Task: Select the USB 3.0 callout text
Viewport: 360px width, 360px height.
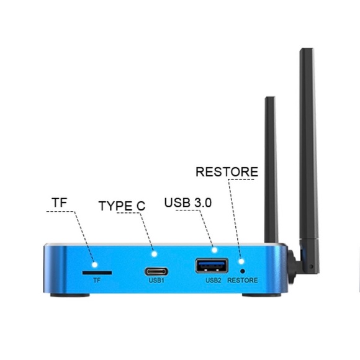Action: pos(189,203)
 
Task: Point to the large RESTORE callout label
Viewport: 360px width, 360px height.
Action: pos(227,171)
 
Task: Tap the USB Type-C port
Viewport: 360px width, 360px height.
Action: pos(155,271)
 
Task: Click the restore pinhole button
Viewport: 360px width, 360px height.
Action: pos(242,270)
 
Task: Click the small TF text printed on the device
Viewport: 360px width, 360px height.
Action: pos(96,281)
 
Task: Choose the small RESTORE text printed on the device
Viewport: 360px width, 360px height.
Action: pos(242,281)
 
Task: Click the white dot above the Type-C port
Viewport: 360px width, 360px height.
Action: pos(155,253)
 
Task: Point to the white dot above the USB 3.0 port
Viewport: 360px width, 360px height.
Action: pos(214,250)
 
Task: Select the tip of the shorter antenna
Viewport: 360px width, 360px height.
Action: pos(269,98)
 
